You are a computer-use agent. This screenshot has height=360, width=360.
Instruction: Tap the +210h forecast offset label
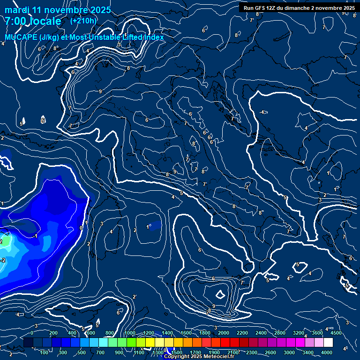tap(83, 21)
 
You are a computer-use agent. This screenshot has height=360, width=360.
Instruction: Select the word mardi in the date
tap(17, 10)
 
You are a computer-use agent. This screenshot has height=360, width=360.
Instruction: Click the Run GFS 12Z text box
tap(299, 7)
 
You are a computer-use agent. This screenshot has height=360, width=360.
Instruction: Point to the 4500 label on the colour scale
tap(337, 333)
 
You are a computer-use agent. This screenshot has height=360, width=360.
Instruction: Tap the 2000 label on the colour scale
tap(224, 333)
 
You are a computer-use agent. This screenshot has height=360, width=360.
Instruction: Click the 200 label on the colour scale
tap(53, 333)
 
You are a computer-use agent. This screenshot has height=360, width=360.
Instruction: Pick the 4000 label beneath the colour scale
tap(327, 352)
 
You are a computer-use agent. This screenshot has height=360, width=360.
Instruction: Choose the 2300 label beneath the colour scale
tap(252, 352)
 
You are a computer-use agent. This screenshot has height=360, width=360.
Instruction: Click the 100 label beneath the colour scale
tap(45, 352)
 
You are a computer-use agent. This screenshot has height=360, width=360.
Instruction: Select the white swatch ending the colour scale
tap(328, 343)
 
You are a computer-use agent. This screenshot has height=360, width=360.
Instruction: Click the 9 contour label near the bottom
tap(213, 306)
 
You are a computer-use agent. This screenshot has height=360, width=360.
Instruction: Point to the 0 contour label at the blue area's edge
tap(81, 228)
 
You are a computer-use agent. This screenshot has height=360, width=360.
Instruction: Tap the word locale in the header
tap(45, 21)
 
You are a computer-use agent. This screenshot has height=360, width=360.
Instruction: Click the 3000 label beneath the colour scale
tap(289, 352)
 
